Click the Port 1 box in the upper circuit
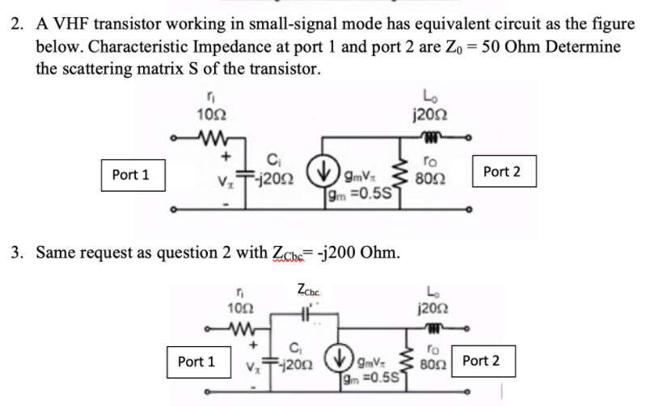tap(131, 174)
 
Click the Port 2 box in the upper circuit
tap(501, 172)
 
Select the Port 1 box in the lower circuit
tap(196, 362)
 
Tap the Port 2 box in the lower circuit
tap(480, 360)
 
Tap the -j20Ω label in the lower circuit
tap(297, 363)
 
